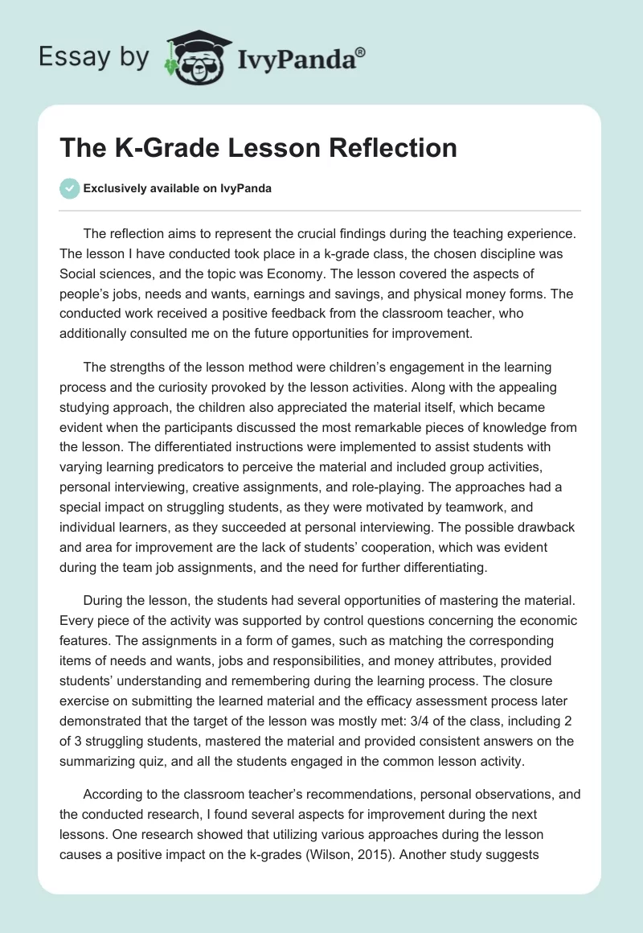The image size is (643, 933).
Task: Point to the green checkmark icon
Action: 70,188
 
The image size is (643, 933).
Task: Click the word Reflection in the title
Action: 389,149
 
